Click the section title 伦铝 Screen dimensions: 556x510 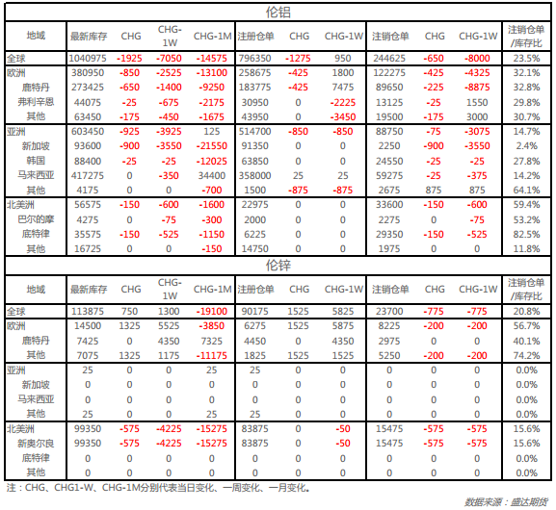[278, 13]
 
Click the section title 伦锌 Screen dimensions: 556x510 [278, 266]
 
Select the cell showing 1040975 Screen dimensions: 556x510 [88, 58]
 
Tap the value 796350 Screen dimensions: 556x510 [254, 58]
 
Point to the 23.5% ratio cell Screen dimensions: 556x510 [526, 58]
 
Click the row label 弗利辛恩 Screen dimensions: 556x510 [36, 102]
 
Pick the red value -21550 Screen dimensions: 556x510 [211, 146]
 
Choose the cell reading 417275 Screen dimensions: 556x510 [88, 176]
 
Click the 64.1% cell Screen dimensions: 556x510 [526, 191]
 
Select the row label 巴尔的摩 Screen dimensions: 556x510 [36, 219]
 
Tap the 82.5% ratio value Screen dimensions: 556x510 [526, 235]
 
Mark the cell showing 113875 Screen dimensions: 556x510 [88, 312]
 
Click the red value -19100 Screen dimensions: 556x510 [211, 312]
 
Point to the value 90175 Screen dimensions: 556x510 [254, 312]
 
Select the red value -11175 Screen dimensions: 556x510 [211, 355]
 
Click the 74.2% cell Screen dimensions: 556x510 [526, 355]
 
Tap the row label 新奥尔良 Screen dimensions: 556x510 [36, 444]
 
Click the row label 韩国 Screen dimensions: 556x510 [36, 161]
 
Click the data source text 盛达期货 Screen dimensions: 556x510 [529, 502]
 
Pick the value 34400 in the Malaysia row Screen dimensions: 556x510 [211, 176]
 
